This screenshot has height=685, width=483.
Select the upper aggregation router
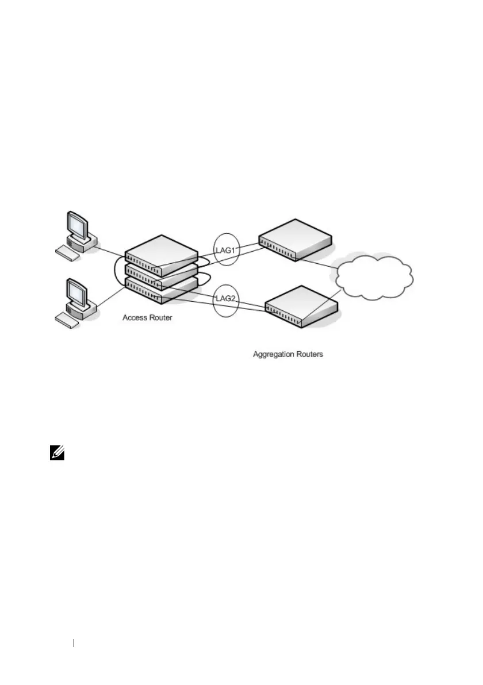point(295,239)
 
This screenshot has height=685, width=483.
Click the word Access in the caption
point(135,317)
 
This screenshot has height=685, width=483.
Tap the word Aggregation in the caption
point(274,354)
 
